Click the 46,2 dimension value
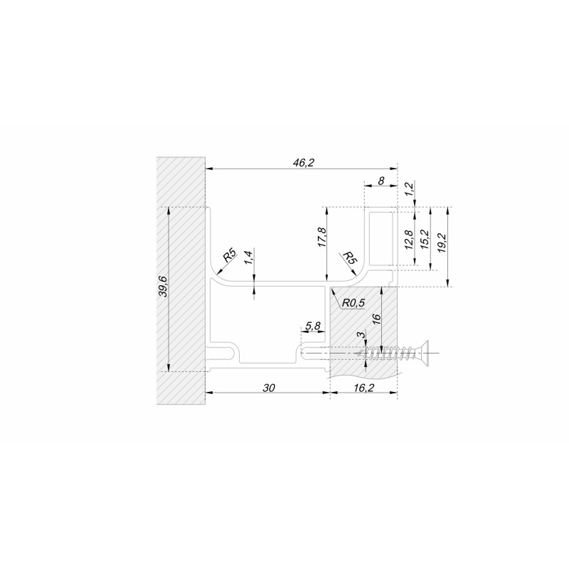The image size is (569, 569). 303,163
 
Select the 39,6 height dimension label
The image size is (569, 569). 164,287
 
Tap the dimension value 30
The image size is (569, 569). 269,388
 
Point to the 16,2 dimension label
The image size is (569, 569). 363,388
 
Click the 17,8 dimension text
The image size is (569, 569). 322,238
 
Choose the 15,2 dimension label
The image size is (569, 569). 425,240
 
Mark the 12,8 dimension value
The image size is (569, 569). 409,240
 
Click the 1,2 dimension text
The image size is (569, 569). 409,188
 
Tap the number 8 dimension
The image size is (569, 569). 381,181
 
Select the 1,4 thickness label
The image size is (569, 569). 248,257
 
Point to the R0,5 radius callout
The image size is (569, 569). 353,303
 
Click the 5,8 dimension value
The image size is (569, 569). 312,326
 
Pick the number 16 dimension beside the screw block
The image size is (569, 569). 376,318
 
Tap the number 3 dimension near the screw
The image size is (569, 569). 361,335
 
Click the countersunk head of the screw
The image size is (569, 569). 425,353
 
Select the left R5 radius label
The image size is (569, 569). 229,255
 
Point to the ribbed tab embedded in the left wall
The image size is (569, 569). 220,353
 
